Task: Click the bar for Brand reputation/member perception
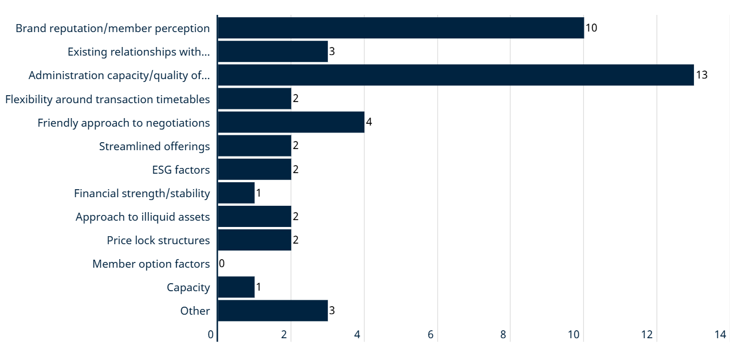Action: [401, 28]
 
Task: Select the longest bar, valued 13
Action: [456, 75]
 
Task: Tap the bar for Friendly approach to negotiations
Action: [291, 123]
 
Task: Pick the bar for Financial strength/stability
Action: [236, 193]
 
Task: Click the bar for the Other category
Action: [273, 311]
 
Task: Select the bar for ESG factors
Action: [254, 170]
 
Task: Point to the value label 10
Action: [591, 28]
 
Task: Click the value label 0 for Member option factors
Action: [222, 264]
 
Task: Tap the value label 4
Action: [369, 123]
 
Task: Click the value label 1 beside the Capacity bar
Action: [258, 287]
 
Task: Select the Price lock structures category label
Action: [158, 240]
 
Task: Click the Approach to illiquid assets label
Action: [143, 217]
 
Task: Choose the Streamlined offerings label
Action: [154, 146]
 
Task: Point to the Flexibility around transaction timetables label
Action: [108, 99]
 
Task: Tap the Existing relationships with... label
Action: [139, 52]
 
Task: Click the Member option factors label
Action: [151, 264]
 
